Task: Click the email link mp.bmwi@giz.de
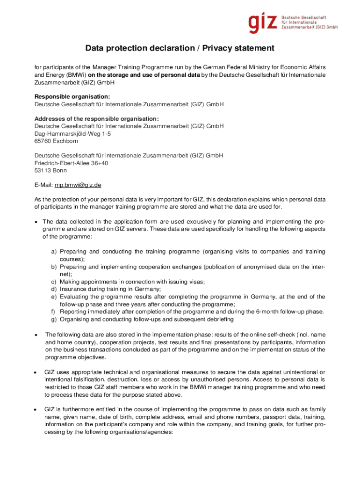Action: pos(78,185)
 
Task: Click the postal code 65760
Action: pos(43,141)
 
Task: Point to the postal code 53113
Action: pos(43,170)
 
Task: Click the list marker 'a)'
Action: pos(54,252)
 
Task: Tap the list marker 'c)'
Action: pos(54,282)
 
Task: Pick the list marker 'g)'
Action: pos(54,319)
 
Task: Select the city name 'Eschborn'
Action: pos(66,141)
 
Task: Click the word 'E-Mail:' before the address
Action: pos(44,185)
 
